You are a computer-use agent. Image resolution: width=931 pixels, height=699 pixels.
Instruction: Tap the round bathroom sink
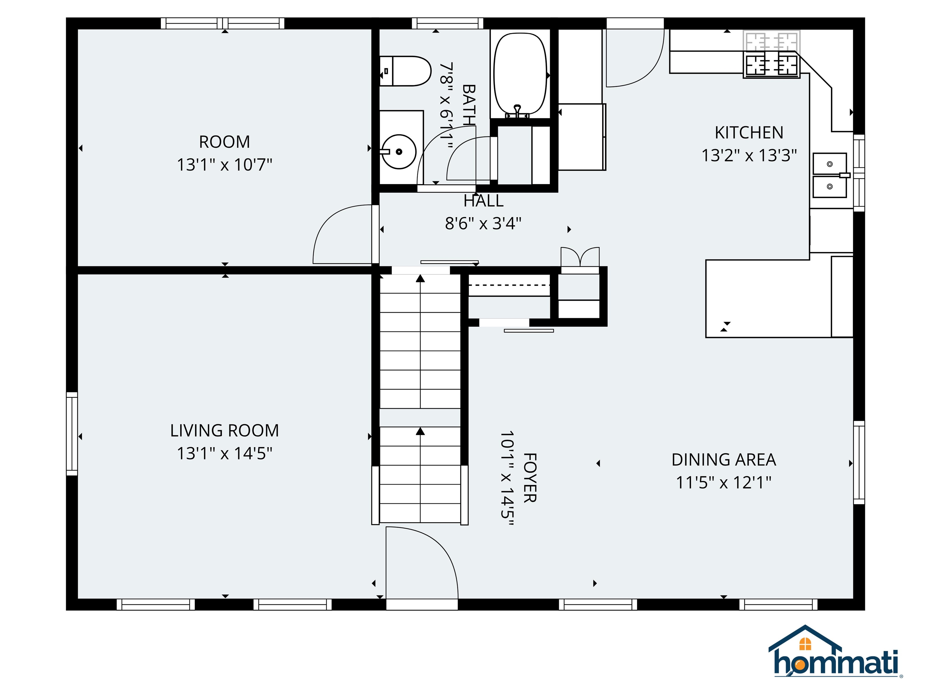tap(399, 152)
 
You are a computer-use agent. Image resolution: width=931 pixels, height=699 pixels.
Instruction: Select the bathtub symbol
tap(520, 74)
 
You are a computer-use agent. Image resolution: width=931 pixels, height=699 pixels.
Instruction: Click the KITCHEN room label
tap(749, 133)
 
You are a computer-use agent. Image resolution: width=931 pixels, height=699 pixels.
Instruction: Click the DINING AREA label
tap(723, 460)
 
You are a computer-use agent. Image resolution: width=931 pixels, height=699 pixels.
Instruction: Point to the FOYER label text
tap(529, 478)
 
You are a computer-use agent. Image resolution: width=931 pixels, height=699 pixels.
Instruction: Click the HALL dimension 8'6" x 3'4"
tap(483, 223)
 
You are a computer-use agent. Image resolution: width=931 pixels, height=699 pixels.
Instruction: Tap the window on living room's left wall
tap(72, 434)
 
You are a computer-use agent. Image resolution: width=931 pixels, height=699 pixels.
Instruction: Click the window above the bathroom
tap(447, 23)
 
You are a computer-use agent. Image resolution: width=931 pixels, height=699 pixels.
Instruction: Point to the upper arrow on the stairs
tap(420, 279)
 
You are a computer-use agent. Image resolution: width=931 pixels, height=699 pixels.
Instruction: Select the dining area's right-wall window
tap(859, 462)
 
